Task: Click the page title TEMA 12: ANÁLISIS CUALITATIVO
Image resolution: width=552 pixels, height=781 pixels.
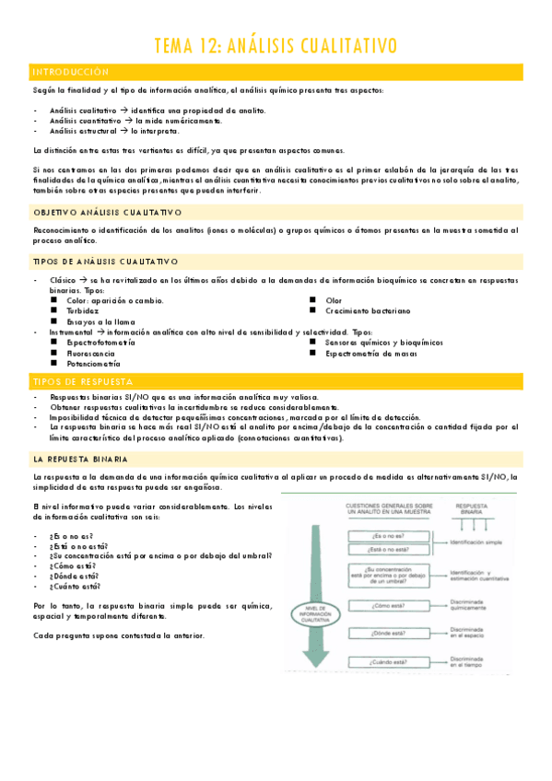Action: tap(276, 45)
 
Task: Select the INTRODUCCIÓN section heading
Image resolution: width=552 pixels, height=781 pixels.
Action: tap(70, 72)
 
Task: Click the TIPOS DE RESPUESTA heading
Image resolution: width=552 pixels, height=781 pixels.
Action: tap(82, 380)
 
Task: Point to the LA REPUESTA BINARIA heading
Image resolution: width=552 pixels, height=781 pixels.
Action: tap(79, 458)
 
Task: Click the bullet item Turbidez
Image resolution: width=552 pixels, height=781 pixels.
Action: tap(82, 311)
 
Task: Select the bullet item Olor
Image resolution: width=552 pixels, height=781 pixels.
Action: tap(334, 300)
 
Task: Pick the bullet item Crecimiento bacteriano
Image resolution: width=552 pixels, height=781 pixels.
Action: tap(367, 311)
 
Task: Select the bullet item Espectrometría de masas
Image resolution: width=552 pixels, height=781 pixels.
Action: tap(371, 353)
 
